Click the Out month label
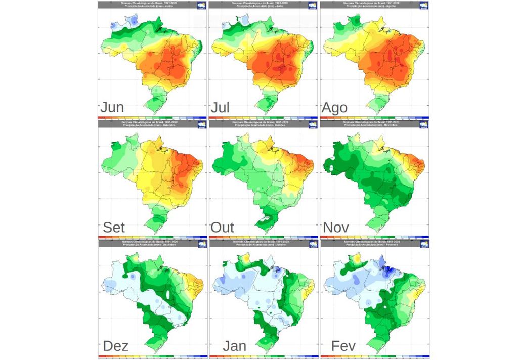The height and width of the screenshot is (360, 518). (x=223, y=227)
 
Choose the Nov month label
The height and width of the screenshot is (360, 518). (x=335, y=227)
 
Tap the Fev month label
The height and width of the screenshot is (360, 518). (x=343, y=346)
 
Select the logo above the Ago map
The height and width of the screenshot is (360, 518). (x=424, y=6)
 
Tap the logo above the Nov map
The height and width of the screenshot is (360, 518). (x=424, y=124)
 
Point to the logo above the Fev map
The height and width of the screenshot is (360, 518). (x=424, y=244)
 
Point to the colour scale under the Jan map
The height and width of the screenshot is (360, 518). (x=263, y=356)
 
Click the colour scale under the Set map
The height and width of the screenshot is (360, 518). (x=152, y=237)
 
